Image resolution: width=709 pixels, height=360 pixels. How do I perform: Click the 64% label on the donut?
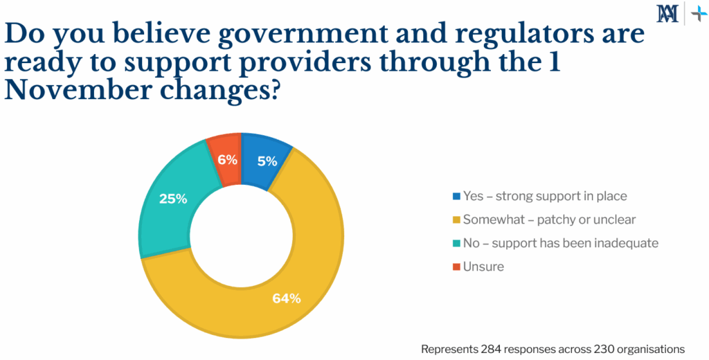pos(286,299)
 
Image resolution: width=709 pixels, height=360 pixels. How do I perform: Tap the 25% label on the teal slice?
pos(172,199)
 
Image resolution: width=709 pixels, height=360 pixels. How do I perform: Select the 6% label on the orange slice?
pos(227,160)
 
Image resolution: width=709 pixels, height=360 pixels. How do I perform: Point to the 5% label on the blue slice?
pos(267,161)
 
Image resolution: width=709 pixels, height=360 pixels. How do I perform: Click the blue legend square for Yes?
pos(455,197)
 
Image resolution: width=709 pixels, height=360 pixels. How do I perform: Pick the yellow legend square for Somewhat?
pos(455,220)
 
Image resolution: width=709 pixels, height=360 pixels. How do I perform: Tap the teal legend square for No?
pos(455,244)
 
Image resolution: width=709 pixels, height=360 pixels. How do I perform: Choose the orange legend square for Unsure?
pos(455,267)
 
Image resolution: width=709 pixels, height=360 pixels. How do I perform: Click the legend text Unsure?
pos(483,267)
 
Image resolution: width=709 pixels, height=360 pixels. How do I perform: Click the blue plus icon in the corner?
pos(698,13)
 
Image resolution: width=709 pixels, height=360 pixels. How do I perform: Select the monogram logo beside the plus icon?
pos(668,13)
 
